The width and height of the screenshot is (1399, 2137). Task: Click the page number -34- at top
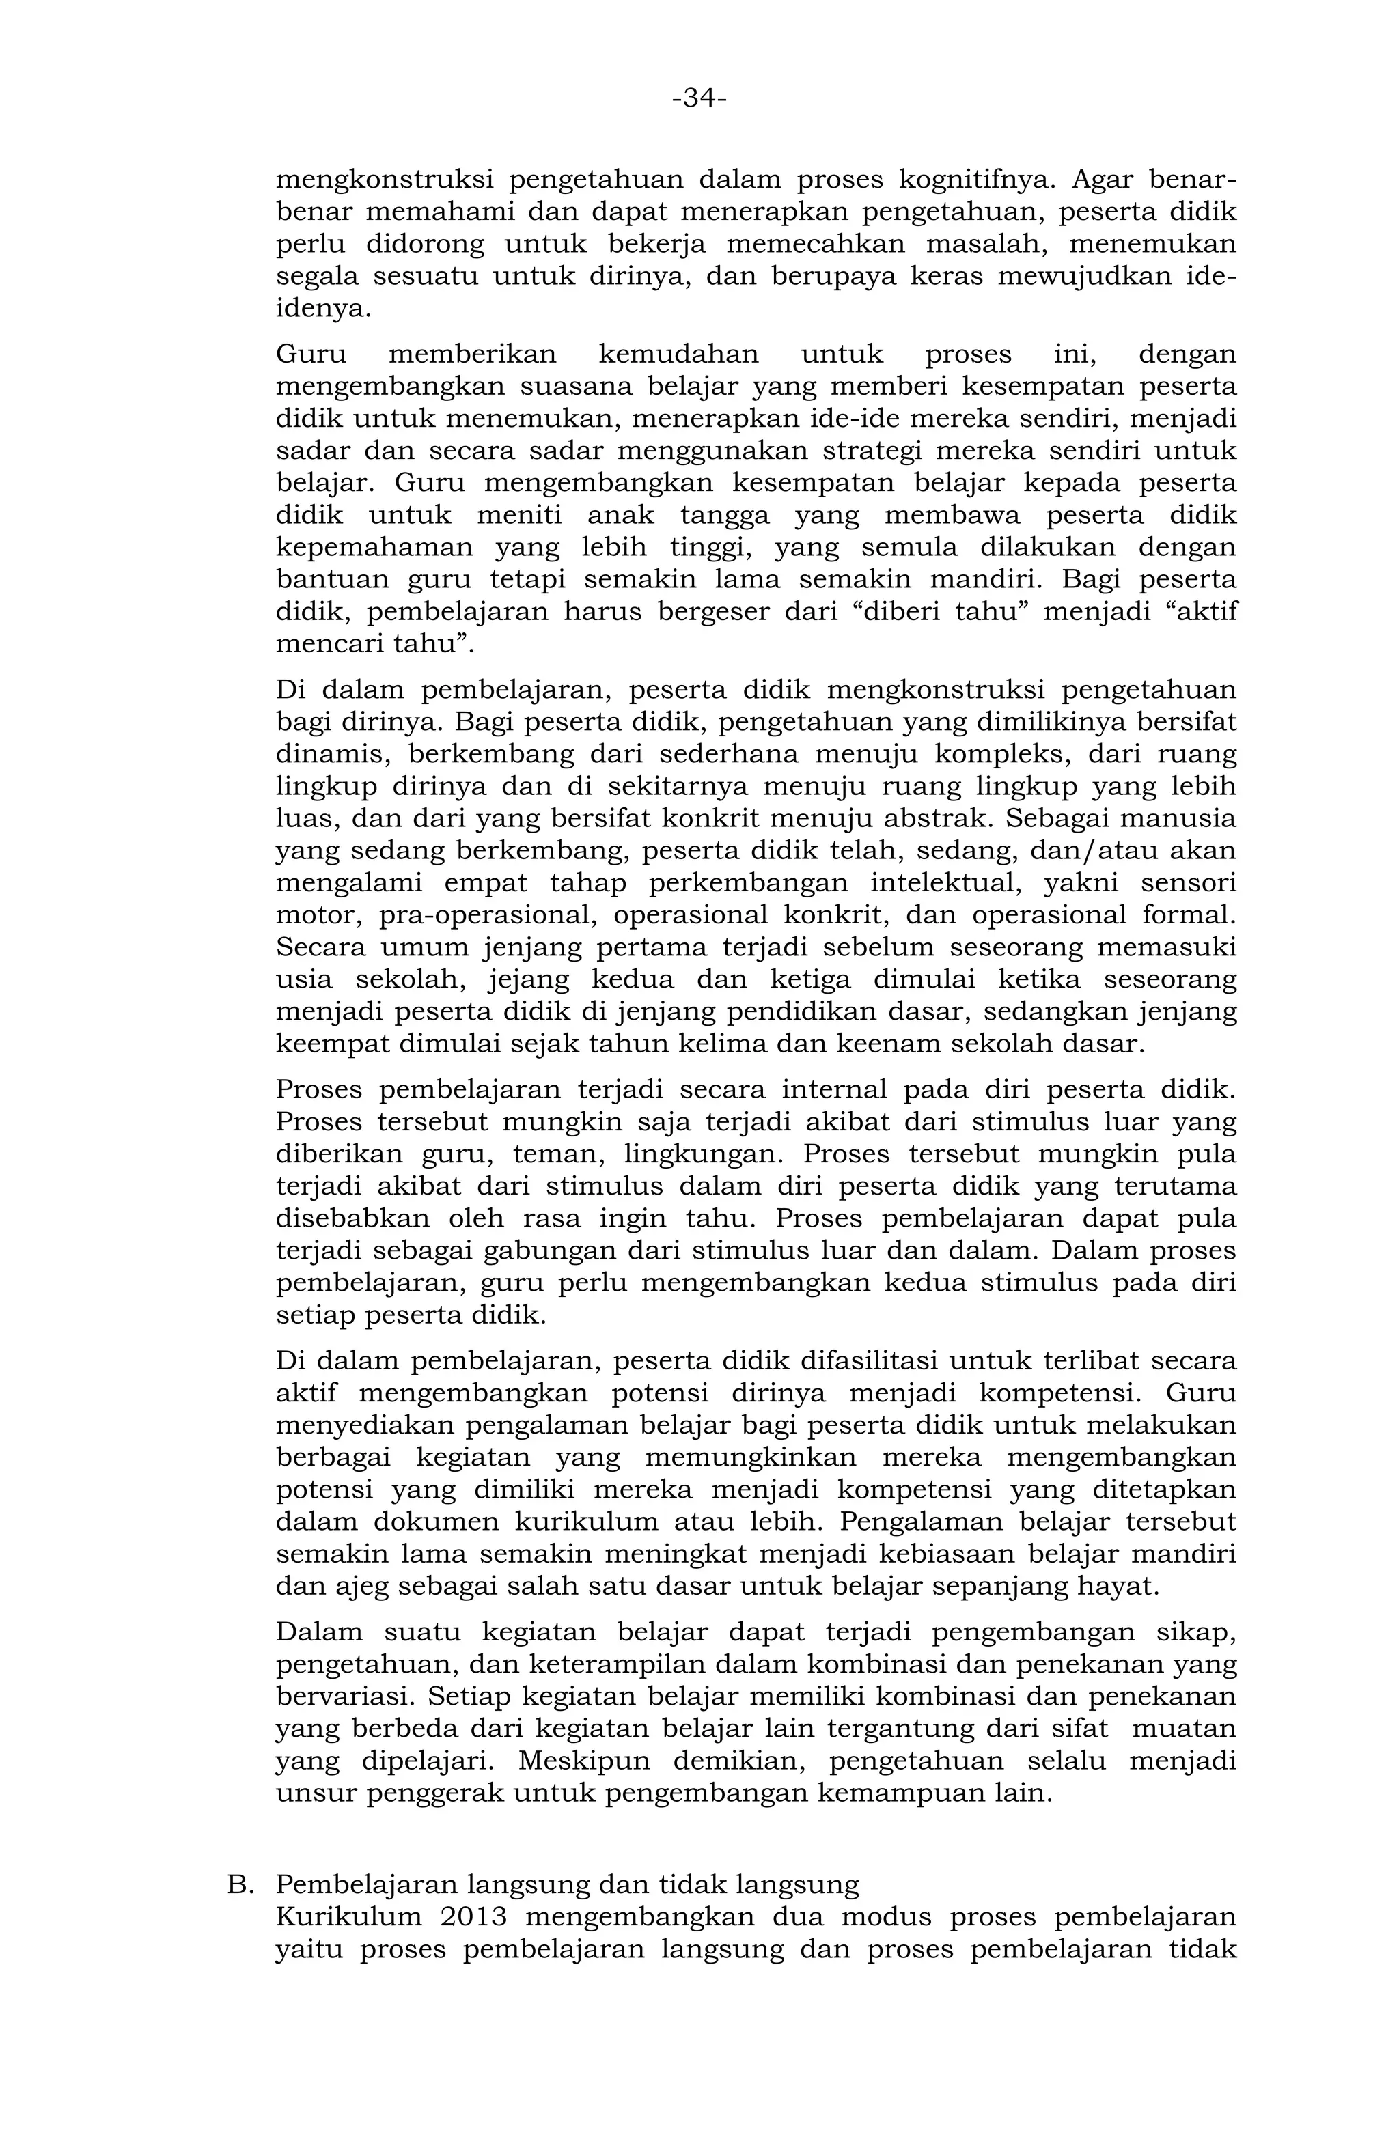tap(699, 98)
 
